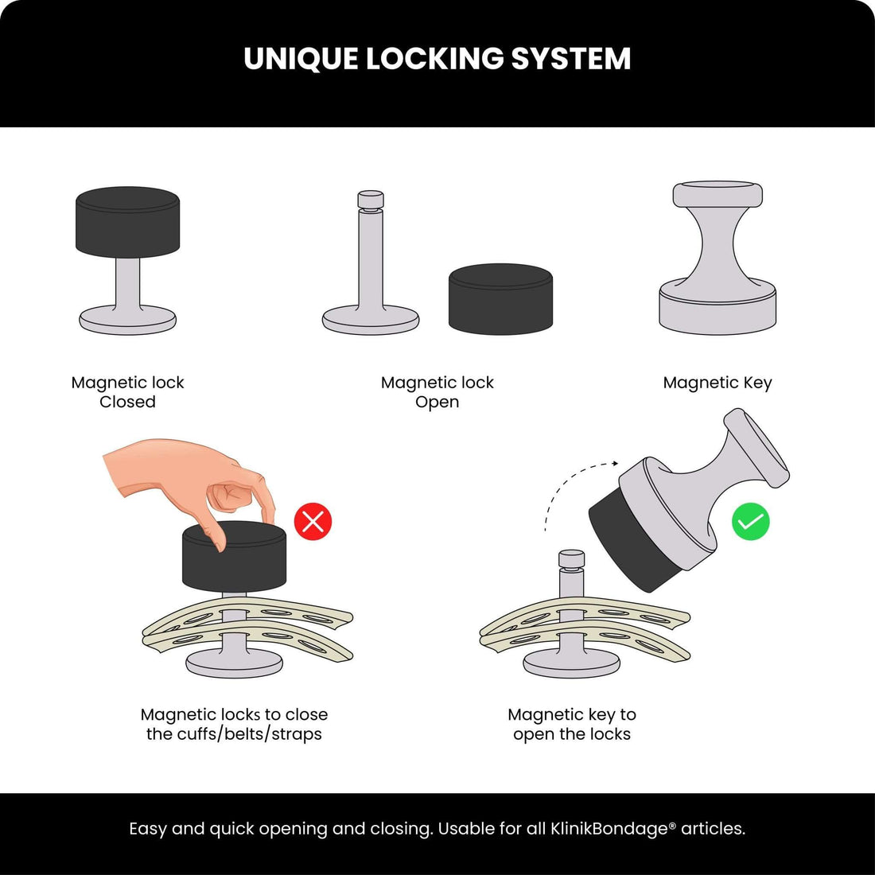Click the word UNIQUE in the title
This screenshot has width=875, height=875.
coord(301,59)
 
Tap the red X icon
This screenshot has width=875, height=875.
coord(313,522)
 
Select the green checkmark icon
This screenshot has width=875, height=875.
coord(750,522)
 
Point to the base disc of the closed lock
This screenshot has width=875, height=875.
coord(127,321)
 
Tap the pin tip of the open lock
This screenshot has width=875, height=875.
coord(371,200)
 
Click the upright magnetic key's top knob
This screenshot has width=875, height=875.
coord(717,194)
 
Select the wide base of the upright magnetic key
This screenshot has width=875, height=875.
coord(717,311)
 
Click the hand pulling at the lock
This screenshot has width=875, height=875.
coord(191,477)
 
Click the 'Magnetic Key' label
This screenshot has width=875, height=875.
coord(717,383)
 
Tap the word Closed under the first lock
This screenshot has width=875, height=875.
coord(127,402)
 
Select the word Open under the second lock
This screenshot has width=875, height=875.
coord(437,402)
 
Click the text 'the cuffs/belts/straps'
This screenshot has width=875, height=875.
coord(234,733)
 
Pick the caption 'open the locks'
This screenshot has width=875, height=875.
coord(572,733)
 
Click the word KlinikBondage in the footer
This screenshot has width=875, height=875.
coord(609,829)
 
